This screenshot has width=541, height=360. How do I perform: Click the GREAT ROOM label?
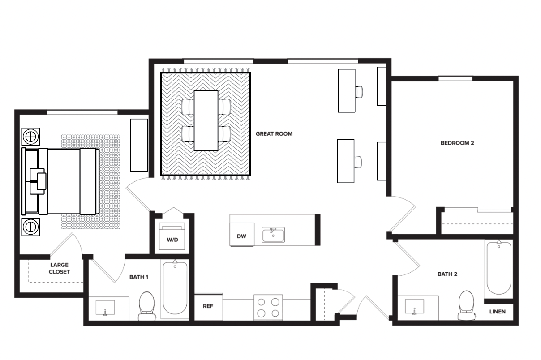[x=274, y=133]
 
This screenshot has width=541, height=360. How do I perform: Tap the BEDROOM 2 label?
[x=457, y=143]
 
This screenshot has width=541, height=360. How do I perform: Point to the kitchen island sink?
[x=273, y=234]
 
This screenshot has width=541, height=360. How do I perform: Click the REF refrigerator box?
[x=208, y=307]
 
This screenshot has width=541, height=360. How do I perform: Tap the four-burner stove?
[x=268, y=307]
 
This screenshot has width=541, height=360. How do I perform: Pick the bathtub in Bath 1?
[x=175, y=288]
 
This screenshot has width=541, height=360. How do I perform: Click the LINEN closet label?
[x=498, y=312]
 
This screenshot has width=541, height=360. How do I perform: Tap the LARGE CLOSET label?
[x=60, y=268]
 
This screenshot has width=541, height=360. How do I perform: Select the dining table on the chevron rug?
[x=206, y=120]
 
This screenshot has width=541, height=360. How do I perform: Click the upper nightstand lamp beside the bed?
[x=31, y=135]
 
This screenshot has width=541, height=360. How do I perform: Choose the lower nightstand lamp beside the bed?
[x=31, y=227]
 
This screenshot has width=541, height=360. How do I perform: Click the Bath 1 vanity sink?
[x=105, y=308]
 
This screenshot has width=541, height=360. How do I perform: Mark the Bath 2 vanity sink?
[x=415, y=307]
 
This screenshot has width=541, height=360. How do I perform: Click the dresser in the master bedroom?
[x=139, y=145]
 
